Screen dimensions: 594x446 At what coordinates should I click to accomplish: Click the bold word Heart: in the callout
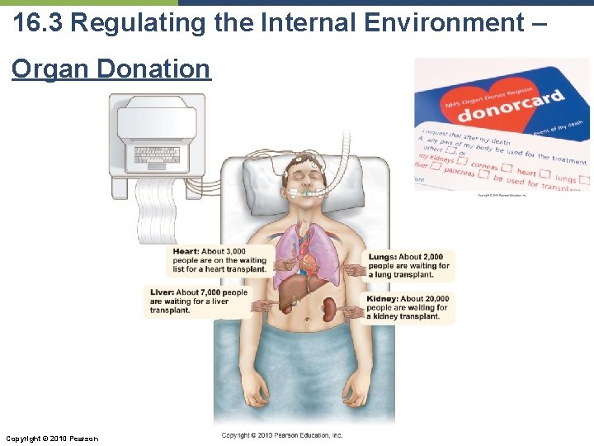pyautogui.click(x=186, y=251)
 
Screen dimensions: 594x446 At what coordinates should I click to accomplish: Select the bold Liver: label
pyautogui.click(x=162, y=292)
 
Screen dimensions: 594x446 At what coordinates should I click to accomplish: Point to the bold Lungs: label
pyautogui.click(x=383, y=257)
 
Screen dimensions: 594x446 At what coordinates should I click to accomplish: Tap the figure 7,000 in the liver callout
pyautogui.click(x=212, y=292)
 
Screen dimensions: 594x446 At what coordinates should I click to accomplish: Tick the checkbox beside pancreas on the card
pyautogui.click(x=487, y=176)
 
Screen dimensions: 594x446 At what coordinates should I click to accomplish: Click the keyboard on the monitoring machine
pyautogui.click(x=157, y=154)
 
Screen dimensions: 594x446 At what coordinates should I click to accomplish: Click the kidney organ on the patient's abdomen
pyautogui.click(x=330, y=309)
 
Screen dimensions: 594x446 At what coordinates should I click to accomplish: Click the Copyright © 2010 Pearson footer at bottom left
pyautogui.click(x=51, y=438)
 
